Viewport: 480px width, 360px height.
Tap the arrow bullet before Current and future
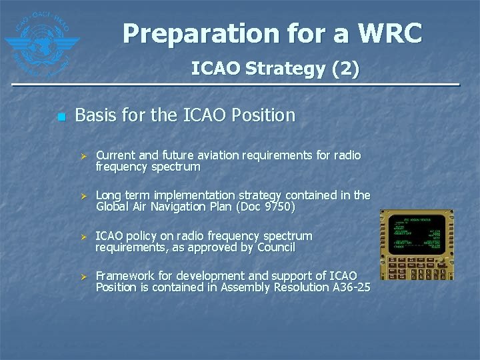[84, 156]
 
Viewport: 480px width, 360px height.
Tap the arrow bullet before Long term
[84, 196]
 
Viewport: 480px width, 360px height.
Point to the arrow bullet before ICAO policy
[84, 237]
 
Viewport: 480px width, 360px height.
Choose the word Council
[273, 247]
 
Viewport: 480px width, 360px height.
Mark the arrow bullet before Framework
[84, 277]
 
